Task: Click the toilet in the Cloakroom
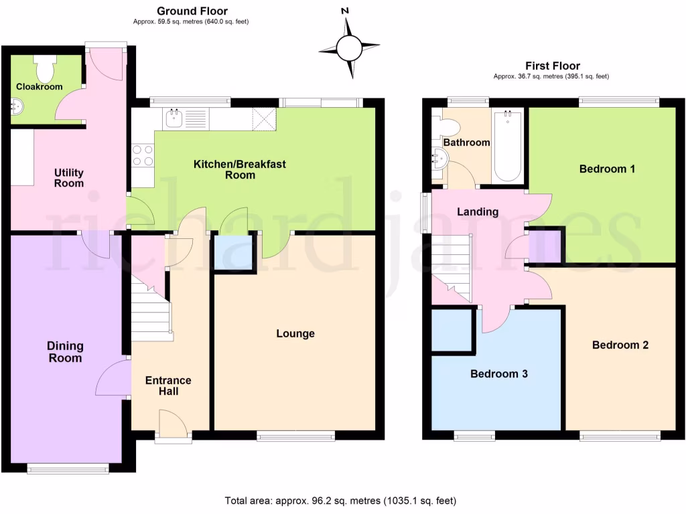46,68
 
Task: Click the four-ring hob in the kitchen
142,155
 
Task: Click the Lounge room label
295,333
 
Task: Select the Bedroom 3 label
498,373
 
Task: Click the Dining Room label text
65,351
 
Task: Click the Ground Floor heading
192,11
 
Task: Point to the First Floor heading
552,66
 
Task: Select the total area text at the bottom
342,500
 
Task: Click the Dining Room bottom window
68,468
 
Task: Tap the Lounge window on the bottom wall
295,436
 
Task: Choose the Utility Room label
69,177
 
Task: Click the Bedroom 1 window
619,101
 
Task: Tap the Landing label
477,211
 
